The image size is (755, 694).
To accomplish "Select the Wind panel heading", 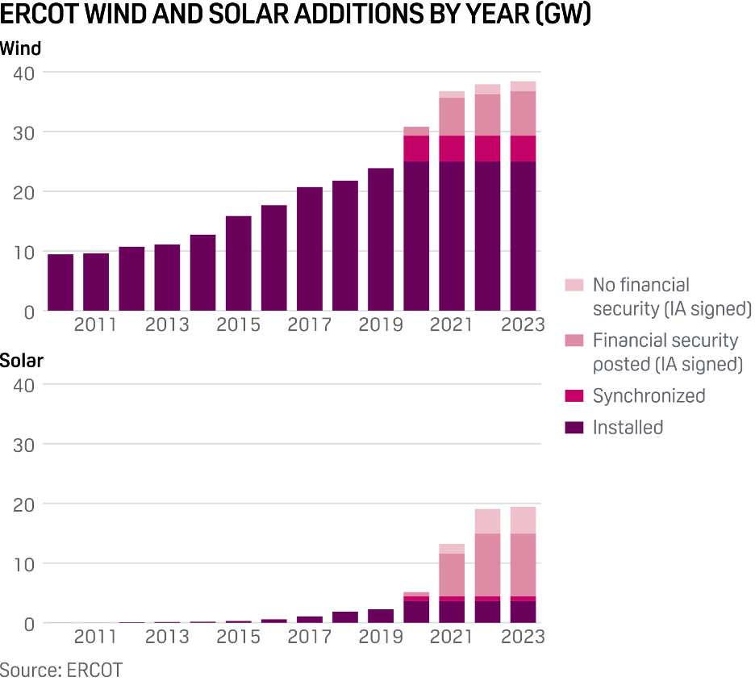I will (20, 48).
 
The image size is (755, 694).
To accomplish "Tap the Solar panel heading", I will (22, 361).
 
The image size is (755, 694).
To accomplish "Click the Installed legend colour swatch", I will (574, 428).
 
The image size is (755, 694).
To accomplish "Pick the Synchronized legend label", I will (649, 395).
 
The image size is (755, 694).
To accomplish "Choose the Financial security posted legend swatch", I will (574, 341).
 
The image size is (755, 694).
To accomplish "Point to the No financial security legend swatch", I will (574, 285).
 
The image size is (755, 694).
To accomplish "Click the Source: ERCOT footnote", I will (61, 670).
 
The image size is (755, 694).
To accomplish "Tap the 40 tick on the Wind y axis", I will (24, 73).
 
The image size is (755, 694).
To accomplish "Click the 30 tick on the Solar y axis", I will (24, 444).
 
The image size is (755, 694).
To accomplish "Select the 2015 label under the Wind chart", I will (239, 325).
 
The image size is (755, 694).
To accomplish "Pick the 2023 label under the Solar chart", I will (523, 637).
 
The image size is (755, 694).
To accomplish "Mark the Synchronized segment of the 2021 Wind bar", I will (452, 148).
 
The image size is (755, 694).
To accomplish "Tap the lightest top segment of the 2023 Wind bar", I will (523, 86).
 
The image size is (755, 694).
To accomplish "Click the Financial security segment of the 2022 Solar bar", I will (487, 565).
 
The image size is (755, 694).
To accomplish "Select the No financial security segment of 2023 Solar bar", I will (523, 520).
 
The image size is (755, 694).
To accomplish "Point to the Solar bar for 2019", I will (381, 616).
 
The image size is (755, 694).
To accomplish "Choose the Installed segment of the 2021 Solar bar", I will (452, 612).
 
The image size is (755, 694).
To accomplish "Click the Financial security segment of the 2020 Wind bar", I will (416, 131).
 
